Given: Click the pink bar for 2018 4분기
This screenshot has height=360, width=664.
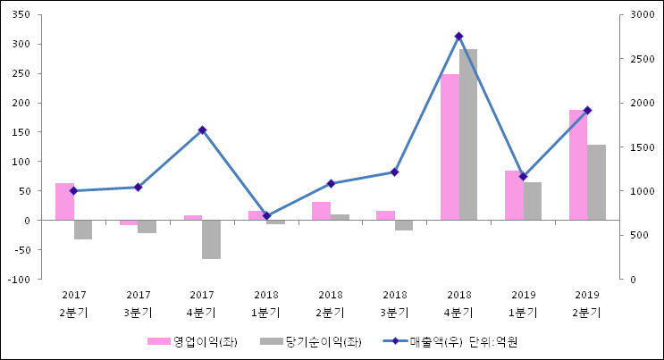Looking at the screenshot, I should point(450,147).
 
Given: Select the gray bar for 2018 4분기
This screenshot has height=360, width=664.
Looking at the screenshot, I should point(468,134).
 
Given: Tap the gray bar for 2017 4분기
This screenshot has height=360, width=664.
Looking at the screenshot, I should point(211,239).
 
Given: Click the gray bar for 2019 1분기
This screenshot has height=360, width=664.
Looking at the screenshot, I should point(533,201).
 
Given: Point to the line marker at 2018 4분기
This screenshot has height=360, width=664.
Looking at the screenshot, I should point(458,37).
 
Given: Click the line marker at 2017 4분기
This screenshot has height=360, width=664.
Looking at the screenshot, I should point(202,130).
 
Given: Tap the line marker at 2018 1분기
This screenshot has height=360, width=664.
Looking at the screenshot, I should point(266,216).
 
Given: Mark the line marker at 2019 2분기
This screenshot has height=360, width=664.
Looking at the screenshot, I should point(587,111).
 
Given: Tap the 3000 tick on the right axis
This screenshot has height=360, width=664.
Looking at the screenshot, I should point(642,15).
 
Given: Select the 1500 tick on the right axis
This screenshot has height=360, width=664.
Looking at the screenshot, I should point(642,147).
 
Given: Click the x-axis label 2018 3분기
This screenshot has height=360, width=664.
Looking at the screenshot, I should point(395,304).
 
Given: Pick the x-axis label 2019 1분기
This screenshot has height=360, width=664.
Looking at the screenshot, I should point(524,304).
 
